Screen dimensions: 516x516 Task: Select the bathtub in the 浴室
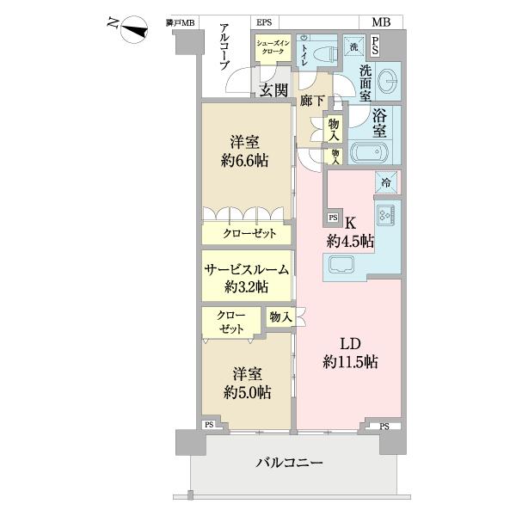pyautogui.click(x=370, y=156)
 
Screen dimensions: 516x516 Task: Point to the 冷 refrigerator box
pyautogui.click(x=386, y=181)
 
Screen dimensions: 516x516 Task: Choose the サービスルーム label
pyautogui.click(x=246, y=269)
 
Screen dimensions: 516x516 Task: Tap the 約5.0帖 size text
pyautogui.click(x=245, y=391)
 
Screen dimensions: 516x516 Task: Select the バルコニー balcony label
pyautogui.click(x=290, y=463)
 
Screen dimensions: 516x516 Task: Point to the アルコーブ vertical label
pyautogui.click(x=224, y=48)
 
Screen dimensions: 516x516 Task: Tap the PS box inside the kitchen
pyautogui.click(x=333, y=218)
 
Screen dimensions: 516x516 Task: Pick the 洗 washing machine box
pyautogui.click(x=354, y=46)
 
